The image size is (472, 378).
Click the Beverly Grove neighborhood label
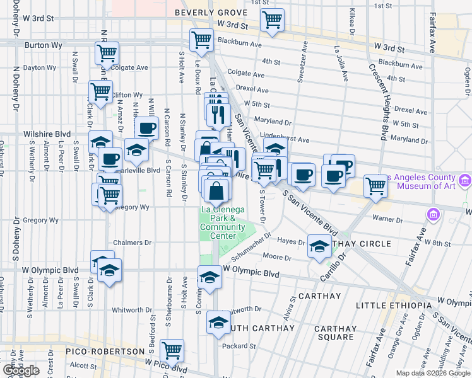tap(211, 13)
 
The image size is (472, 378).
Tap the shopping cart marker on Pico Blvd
tap(172, 350)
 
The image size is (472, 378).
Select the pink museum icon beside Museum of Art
tap(466, 181)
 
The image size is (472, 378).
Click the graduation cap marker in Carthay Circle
tap(319, 246)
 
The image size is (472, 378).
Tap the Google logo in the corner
tap(21, 370)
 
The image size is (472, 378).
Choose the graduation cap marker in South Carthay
tap(218, 323)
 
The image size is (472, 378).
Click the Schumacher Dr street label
tap(251, 247)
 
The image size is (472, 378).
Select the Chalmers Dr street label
tap(133, 243)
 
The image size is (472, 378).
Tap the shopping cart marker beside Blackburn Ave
tap(201, 39)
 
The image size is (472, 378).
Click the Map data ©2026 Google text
tap(433, 373)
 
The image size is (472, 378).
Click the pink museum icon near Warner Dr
tap(434, 215)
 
